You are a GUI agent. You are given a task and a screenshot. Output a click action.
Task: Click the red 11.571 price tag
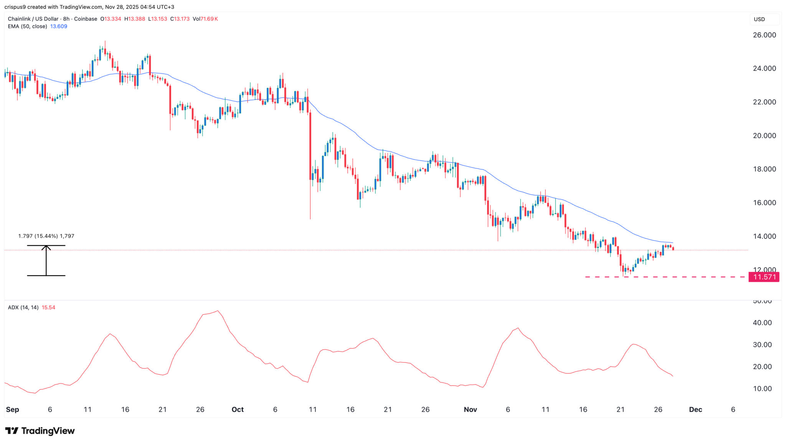(764, 277)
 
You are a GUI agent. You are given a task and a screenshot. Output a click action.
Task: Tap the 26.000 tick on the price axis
(764, 35)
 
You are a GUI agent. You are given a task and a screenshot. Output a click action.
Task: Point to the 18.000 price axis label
(764, 169)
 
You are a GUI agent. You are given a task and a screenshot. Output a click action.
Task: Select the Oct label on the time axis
(238, 409)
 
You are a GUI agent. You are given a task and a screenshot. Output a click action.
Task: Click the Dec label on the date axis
(695, 409)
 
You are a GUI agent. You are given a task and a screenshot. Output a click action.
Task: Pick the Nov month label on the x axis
(470, 409)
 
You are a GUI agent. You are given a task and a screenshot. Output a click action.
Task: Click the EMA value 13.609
(59, 26)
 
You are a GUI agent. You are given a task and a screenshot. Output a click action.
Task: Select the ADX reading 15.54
(48, 308)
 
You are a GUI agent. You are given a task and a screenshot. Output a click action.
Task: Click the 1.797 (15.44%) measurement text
(46, 236)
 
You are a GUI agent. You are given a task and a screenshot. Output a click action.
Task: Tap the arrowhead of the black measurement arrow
(46, 247)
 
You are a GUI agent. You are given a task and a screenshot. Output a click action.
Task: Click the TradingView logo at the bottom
(40, 431)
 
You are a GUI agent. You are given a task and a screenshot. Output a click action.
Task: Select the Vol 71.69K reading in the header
(205, 19)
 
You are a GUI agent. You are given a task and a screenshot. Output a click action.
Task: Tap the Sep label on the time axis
(12, 409)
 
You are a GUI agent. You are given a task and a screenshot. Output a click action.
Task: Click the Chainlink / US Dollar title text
(33, 19)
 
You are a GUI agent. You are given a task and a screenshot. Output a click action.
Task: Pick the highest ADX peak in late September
(218, 311)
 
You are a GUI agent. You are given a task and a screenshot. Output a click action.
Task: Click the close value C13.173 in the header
(180, 19)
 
